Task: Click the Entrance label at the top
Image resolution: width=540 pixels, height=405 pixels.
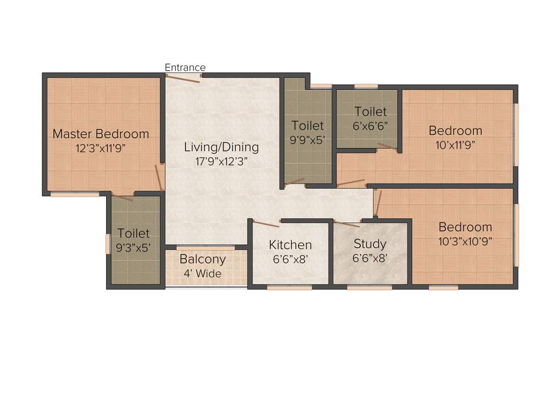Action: pyautogui.click(x=185, y=67)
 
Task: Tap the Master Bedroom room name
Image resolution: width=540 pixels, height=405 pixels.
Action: pyautogui.click(x=101, y=134)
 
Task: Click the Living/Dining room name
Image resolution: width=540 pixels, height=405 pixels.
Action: pyautogui.click(x=221, y=147)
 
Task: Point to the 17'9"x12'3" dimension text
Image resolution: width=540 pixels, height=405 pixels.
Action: pyautogui.click(x=221, y=161)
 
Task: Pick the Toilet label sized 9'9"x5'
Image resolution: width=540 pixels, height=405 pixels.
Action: pyautogui.click(x=308, y=126)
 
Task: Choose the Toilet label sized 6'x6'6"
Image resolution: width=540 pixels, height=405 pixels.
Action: pyautogui.click(x=370, y=112)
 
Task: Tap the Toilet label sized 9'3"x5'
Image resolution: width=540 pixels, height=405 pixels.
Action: pyautogui.click(x=133, y=233)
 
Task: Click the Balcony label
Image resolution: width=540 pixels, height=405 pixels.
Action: pyautogui.click(x=202, y=259)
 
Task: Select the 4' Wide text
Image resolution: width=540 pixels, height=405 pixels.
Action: pyautogui.click(x=202, y=274)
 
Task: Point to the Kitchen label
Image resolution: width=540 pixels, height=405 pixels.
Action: pyautogui.click(x=290, y=245)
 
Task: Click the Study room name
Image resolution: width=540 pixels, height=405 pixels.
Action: pyautogui.click(x=370, y=244)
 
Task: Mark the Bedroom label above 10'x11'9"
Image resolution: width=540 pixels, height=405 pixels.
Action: pyautogui.click(x=455, y=131)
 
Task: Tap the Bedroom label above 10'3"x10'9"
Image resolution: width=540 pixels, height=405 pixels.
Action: pyautogui.click(x=465, y=227)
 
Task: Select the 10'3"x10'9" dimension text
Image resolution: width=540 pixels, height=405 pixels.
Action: pyautogui.click(x=465, y=241)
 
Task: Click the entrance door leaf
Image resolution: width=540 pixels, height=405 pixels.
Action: pyautogui.click(x=183, y=78)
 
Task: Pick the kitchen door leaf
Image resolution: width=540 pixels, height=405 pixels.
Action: pyautogui.click(x=266, y=224)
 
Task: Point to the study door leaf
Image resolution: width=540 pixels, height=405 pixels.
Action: pyautogui.click(x=346, y=224)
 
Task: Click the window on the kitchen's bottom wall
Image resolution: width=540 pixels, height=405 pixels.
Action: pyautogui.click(x=290, y=287)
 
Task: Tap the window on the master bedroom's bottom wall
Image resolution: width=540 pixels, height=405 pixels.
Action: pyautogui.click(x=74, y=194)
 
